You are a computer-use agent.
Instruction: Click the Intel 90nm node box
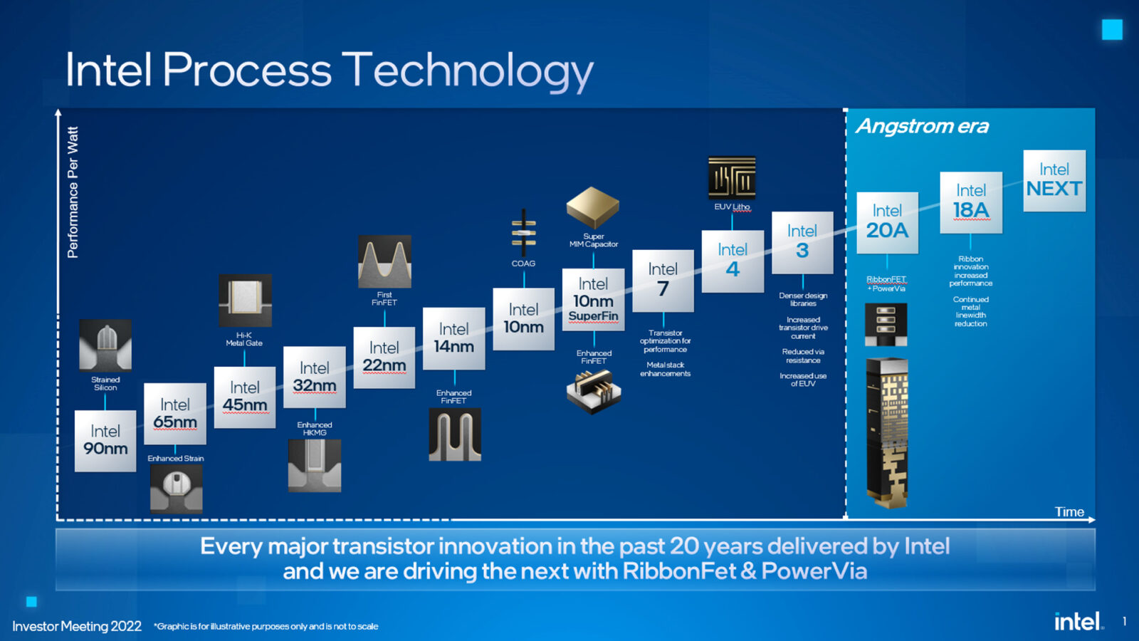coord(105,440)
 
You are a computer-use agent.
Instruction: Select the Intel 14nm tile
coord(453,338)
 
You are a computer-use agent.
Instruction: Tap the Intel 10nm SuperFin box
coord(593,300)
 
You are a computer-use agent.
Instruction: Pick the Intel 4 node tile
coord(733,261)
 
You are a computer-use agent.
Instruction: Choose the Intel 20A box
coord(887,222)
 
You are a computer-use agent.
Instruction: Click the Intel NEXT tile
coord(1054,180)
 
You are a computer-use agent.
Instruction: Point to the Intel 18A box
coord(971,202)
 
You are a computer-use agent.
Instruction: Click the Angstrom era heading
coord(922,126)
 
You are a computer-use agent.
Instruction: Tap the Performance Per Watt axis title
coord(73,192)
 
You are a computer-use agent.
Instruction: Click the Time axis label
coord(1069,511)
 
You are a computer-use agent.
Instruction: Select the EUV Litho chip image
coord(732,177)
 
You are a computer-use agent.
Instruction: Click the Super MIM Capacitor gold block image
coord(593,207)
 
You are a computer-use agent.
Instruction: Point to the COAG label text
coord(523,264)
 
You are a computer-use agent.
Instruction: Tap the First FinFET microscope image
coord(384,261)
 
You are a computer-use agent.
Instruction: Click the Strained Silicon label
coord(105,383)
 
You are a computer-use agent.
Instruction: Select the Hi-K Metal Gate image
coord(245,300)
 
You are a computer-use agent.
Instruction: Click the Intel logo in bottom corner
coord(1078,621)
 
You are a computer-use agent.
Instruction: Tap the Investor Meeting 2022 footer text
coord(77,626)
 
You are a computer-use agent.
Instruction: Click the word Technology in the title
coord(468,71)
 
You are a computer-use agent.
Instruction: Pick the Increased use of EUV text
coord(803,380)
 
